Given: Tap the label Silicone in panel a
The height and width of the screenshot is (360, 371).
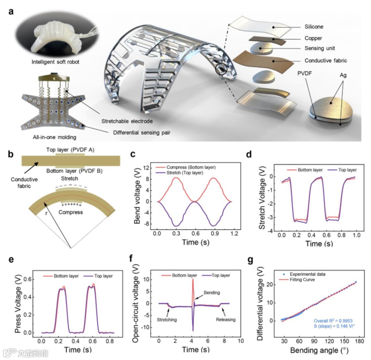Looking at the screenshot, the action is coord(314,26).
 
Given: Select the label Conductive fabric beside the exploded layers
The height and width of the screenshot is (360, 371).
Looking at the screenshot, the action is coord(326,61).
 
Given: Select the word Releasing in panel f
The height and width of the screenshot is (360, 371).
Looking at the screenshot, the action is coord(226,320).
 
